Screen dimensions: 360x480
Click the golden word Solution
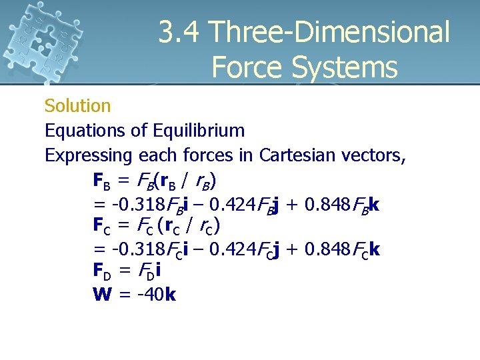click(x=77, y=106)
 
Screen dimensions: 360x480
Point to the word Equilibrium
click(x=199, y=131)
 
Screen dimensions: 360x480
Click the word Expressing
click(x=89, y=155)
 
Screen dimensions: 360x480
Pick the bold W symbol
click(x=102, y=295)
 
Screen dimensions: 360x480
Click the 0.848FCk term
click(x=342, y=249)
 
